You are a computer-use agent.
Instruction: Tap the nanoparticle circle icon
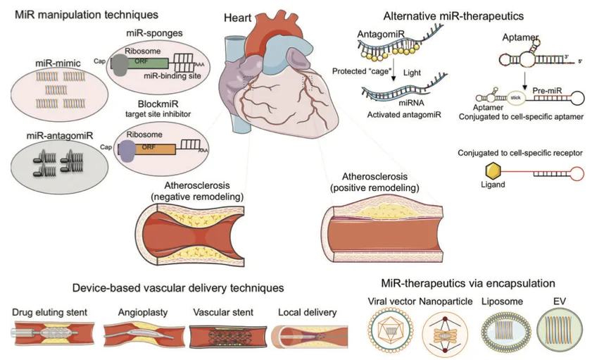[445, 333]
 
